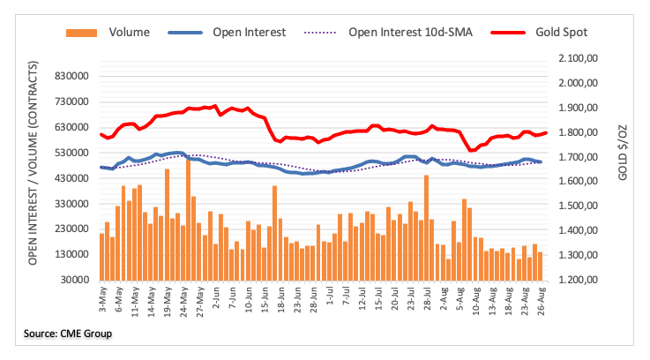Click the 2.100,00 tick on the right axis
(x=578, y=58)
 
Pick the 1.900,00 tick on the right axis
(x=578, y=108)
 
